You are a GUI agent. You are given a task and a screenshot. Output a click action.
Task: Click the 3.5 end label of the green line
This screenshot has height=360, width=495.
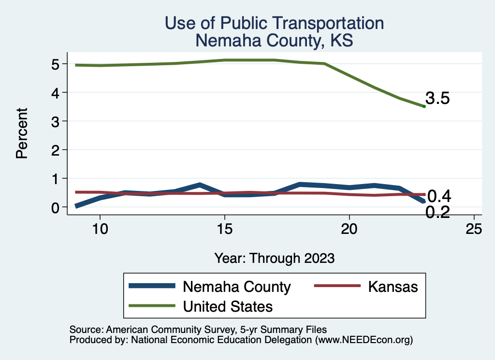438,99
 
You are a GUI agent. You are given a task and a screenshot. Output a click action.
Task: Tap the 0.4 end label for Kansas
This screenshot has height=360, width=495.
439,196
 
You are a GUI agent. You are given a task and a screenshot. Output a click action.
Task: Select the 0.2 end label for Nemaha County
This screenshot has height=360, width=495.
438,212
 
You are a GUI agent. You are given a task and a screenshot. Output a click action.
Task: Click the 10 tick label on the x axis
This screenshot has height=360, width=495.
100,230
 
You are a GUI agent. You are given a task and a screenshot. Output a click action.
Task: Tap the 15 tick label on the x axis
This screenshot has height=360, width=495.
225,230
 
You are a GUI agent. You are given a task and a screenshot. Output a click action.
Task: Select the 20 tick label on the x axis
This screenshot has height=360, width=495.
349,230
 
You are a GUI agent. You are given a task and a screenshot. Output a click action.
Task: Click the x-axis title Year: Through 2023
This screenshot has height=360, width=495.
275,258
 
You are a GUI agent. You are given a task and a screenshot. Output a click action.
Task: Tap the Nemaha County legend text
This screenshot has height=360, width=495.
236,287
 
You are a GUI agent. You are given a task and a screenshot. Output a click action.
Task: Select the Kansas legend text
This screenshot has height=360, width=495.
393,287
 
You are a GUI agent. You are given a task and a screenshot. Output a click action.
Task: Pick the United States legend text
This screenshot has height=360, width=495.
228,306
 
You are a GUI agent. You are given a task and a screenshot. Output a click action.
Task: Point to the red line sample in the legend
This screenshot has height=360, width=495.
337,286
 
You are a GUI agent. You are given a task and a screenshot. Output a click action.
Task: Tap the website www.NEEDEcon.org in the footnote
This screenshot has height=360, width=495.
364,340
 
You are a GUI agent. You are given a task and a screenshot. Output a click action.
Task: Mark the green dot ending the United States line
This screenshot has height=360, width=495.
424,106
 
